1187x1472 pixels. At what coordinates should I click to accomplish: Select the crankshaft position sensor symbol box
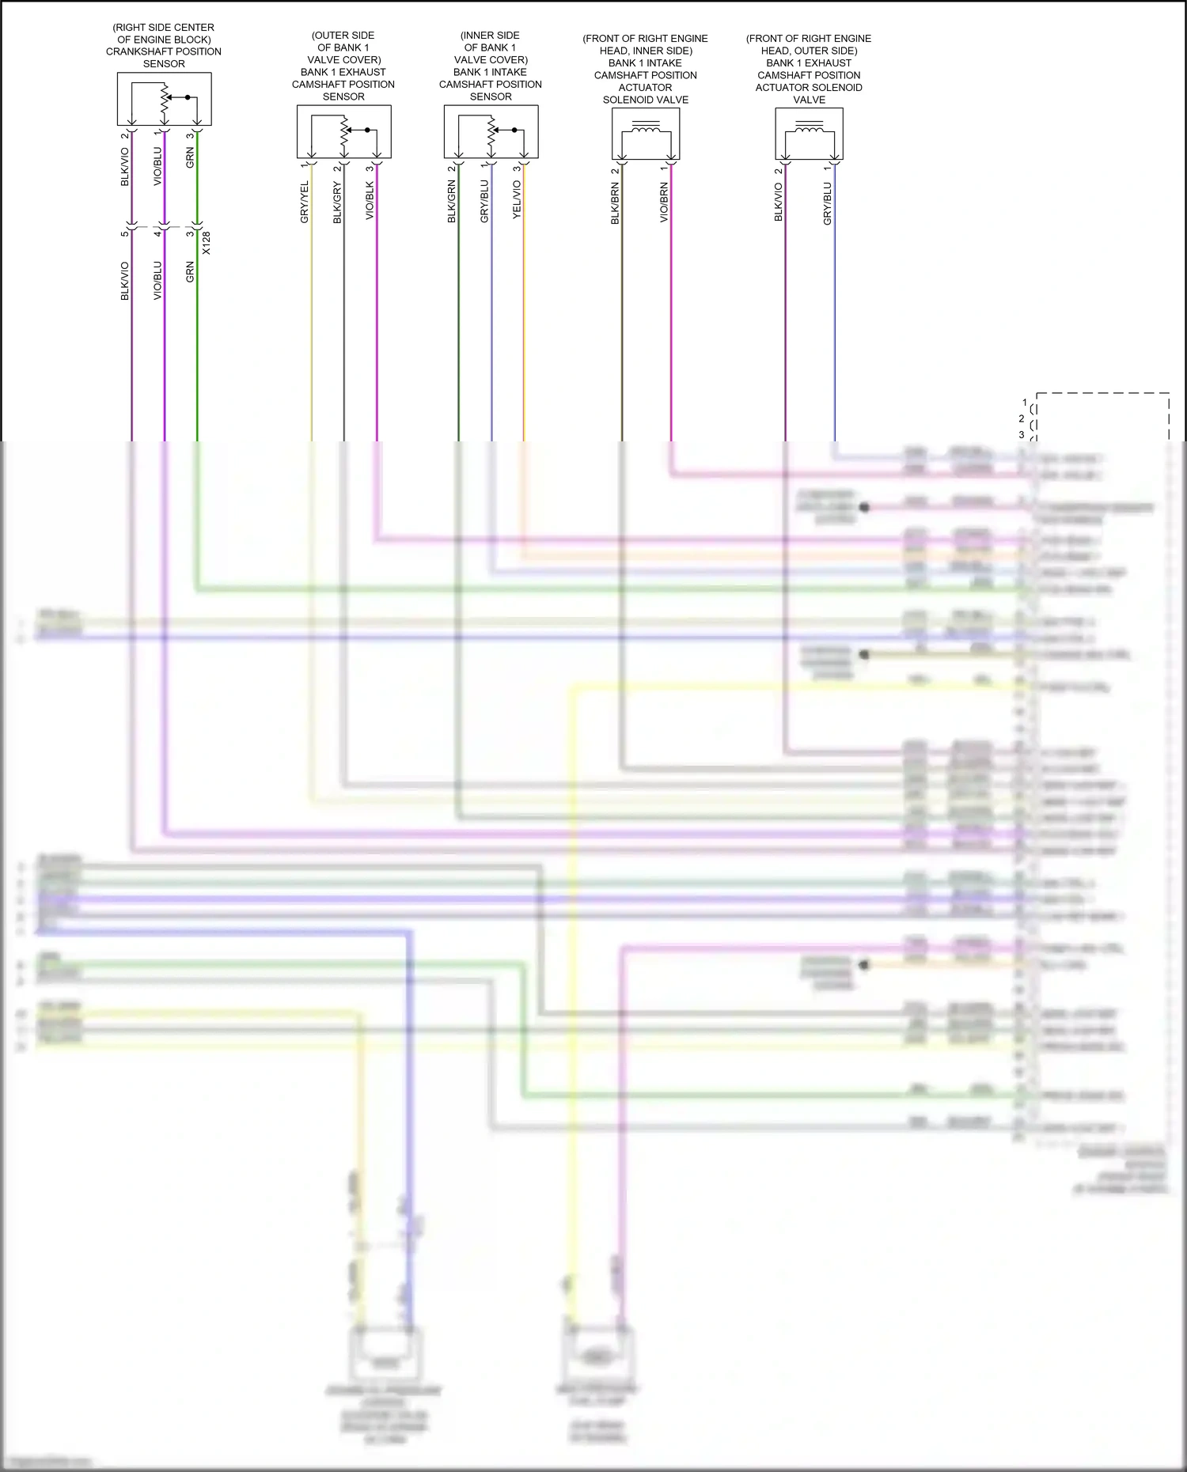pos(164,99)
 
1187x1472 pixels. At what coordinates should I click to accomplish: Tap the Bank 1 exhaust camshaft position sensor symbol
pos(343,132)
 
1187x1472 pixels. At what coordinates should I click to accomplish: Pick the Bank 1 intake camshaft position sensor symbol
pos(491,132)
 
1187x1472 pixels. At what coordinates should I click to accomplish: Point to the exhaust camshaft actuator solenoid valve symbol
pos(809,133)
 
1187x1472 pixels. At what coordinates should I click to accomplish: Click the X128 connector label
pos(207,243)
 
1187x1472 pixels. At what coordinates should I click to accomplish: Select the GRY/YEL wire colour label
pos(305,202)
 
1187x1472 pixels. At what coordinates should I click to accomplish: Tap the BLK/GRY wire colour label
pos(337,202)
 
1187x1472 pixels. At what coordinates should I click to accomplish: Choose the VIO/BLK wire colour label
pos(370,201)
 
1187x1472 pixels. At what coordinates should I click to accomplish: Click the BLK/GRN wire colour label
pos(452,202)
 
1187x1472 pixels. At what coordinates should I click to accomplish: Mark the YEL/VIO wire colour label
pos(517,200)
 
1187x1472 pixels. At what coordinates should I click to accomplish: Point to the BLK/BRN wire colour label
pos(615,203)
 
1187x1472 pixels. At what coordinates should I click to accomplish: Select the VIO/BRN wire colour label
pos(664,202)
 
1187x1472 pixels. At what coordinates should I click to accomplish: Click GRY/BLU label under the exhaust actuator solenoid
pos(828,204)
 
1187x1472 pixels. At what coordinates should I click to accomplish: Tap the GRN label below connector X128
pos(190,272)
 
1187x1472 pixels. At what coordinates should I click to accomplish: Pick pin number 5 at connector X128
pos(125,233)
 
